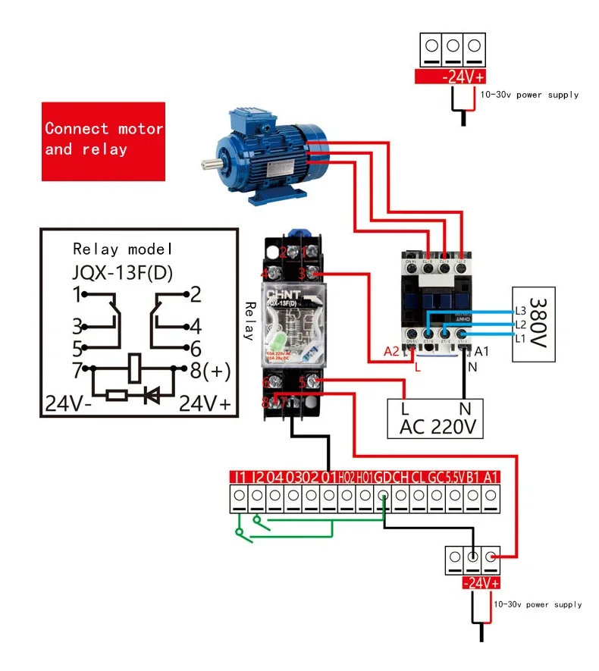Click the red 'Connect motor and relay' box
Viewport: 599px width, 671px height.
(x=103, y=141)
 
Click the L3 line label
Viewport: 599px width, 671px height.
(x=520, y=310)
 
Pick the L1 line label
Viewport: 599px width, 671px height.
(x=520, y=337)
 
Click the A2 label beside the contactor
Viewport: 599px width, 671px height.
(x=391, y=351)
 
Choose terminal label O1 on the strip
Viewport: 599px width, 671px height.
(x=328, y=477)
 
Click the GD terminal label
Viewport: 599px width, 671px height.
(x=383, y=477)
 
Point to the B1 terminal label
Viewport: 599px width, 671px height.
(x=474, y=477)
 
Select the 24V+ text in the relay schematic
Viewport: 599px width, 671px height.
(x=204, y=403)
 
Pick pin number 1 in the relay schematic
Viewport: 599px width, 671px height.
(x=76, y=293)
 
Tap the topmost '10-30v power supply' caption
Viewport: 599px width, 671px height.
(x=529, y=95)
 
